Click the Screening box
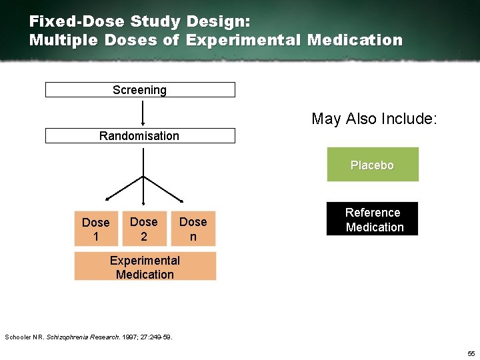click(x=140, y=90)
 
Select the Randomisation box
click(x=140, y=136)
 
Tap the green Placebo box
click(x=373, y=165)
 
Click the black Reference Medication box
click(x=373, y=219)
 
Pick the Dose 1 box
click(x=95, y=229)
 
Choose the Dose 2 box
click(x=144, y=229)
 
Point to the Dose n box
click(x=193, y=229)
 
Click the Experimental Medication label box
click(x=145, y=267)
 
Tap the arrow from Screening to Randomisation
click(x=143, y=112)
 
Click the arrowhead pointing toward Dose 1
click(x=107, y=199)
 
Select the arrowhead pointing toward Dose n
click(x=181, y=199)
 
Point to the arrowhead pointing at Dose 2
click(x=143, y=199)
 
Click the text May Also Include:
click(x=374, y=119)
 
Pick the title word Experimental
click(x=244, y=40)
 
